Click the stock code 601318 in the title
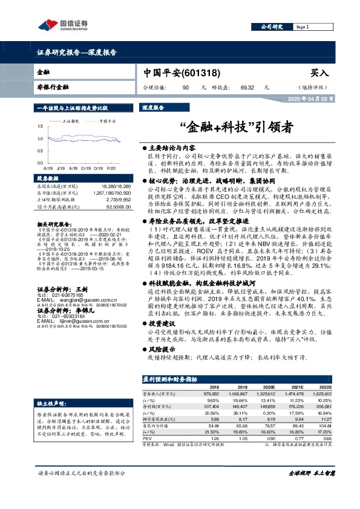(x=200, y=72)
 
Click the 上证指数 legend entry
(x=72, y=121)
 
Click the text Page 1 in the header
(x=303, y=27)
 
